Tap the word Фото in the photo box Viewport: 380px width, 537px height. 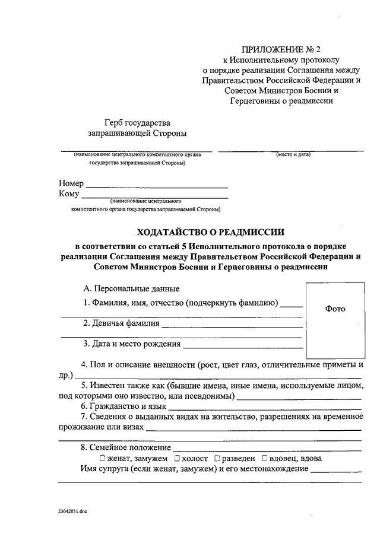pyautogui.click(x=335, y=309)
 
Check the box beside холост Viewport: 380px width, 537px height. pyautogui.click(x=178, y=458)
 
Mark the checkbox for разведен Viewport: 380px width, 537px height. pyautogui.click(x=217, y=458)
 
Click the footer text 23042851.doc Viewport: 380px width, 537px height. pyautogui.click(x=72, y=510)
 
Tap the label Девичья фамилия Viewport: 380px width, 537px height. pyautogui.click(x=121, y=323)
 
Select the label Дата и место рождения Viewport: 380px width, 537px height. pyautogui.click(x=132, y=344)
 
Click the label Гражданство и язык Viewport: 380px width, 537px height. pyautogui.click(x=123, y=406)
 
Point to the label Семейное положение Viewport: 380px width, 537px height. pyautogui.click(x=126, y=447)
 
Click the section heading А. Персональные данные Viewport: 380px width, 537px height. pyautogui.click(x=131, y=289)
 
